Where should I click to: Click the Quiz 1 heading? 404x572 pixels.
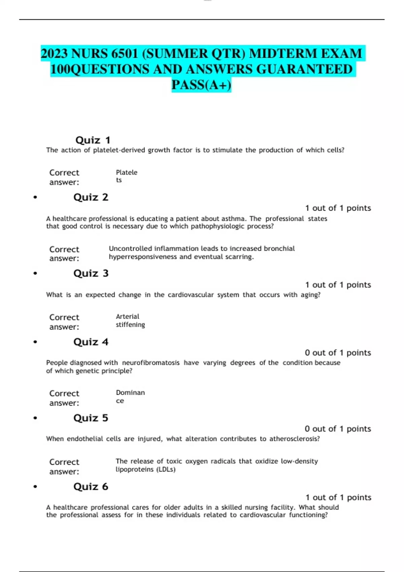tap(93, 140)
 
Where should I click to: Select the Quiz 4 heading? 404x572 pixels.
tap(91, 342)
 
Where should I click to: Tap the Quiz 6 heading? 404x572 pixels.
tap(91, 487)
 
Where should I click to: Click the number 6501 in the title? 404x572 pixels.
tap(123, 53)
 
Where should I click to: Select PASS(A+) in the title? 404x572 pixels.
tap(201, 85)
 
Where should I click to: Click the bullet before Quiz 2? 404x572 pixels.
tap(35, 198)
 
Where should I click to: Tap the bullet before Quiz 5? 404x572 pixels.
tap(35, 418)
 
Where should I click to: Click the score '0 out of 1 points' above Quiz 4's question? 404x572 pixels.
tap(338, 353)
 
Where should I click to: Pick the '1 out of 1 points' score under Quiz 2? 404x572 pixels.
tap(338, 208)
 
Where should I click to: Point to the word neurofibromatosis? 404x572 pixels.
tap(150, 363)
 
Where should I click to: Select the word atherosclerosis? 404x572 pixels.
tap(294, 439)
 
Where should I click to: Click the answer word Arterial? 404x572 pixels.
tap(127, 316)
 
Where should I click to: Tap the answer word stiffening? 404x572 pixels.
tap(130, 325)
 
